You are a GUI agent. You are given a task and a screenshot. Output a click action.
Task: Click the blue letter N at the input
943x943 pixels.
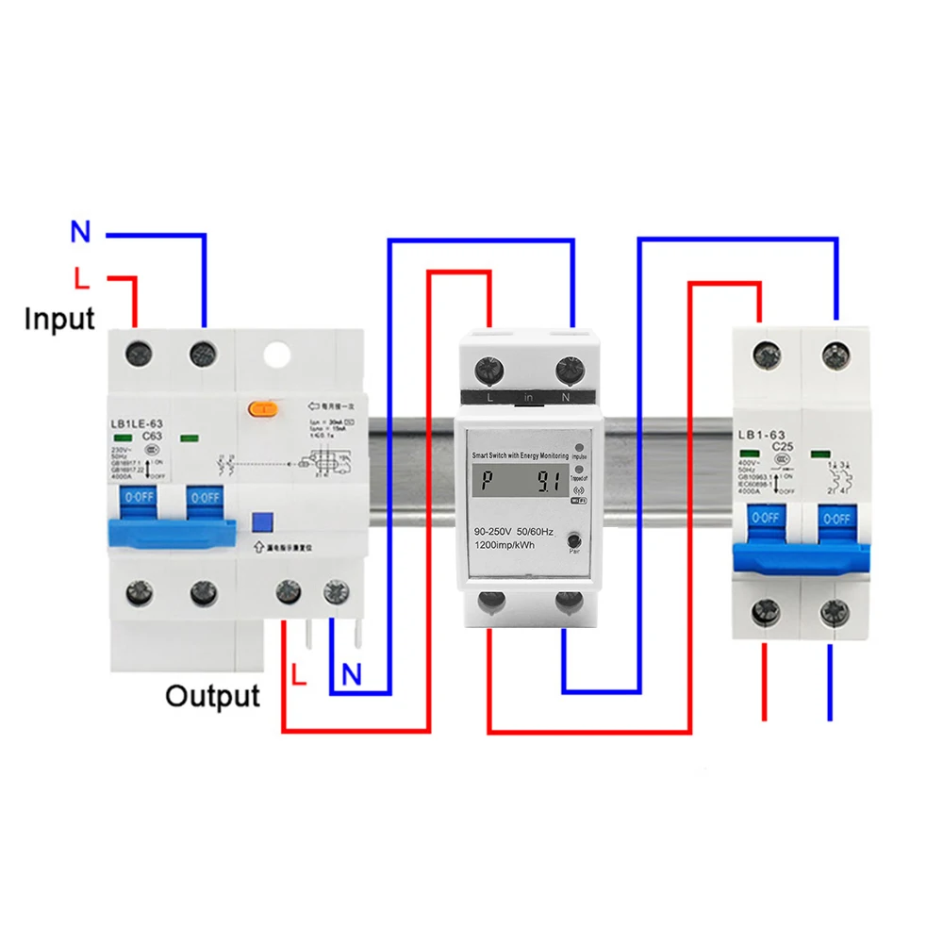(80, 232)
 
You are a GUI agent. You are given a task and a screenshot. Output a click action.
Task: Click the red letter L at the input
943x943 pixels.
(82, 278)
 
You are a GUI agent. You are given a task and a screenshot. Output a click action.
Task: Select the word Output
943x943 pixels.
(212, 696)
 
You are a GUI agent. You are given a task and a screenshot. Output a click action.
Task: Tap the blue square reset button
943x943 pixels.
(261, 521)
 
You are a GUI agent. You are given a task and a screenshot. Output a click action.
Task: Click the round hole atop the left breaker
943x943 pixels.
(278, 355)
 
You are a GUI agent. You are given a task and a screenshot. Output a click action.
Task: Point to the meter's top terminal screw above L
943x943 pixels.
(488, 369)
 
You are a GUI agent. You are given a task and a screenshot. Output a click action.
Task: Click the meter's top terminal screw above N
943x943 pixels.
(568, 369)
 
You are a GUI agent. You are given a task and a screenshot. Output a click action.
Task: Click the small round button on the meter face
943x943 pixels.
(574, 539)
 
